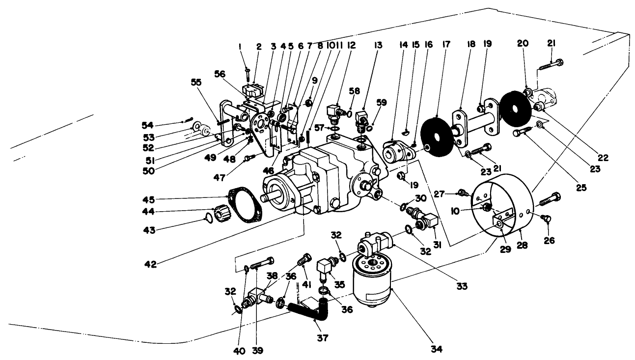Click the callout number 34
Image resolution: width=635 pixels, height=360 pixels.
pyautogui.click(x=436, y=349)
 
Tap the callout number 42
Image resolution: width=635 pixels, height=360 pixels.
pyautogui.click(x=150, y=264)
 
